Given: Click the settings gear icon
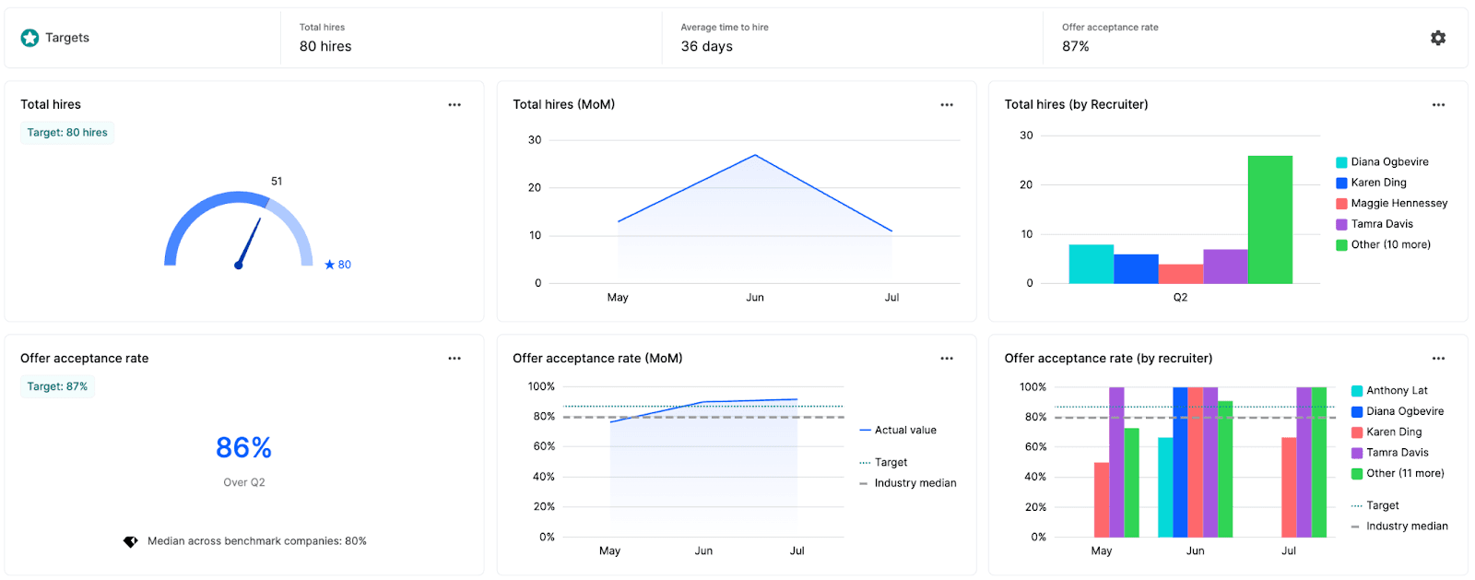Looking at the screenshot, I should [1437, 38].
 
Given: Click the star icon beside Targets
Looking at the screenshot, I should [29, 38].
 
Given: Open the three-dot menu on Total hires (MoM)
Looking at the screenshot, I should [946, 105].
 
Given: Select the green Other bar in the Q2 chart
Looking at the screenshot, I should [1269, 219].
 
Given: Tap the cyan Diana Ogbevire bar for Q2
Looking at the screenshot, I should [1091, 264].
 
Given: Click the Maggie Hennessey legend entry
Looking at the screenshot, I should [1398, 203].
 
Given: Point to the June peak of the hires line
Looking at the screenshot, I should [755, 155].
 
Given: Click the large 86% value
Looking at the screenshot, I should [243, 448].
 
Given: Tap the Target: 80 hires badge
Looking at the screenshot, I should [67, 133].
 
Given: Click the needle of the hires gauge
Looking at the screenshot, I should [249, 243].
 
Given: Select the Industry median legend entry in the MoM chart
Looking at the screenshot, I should [914, 483].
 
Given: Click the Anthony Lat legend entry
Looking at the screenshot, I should [1396, 391].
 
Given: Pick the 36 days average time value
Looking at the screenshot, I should [706, 46].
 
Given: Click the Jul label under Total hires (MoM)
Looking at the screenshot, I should [891, 298].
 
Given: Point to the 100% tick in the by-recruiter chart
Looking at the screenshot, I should [1032, 387].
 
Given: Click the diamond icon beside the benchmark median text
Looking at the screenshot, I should [131, 541].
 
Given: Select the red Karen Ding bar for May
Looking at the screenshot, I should [1102, 499].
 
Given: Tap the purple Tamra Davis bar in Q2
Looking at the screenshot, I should [1225, 266].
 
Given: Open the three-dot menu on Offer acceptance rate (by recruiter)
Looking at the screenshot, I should [1438, 359].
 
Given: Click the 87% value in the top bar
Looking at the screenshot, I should [1075, 46].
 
